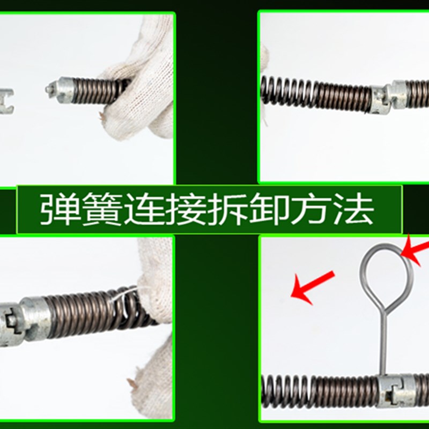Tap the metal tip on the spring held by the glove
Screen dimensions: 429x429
point(59,88)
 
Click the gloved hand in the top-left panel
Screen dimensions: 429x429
point(142,80)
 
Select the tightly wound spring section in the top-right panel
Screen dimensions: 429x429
point(343,95)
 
